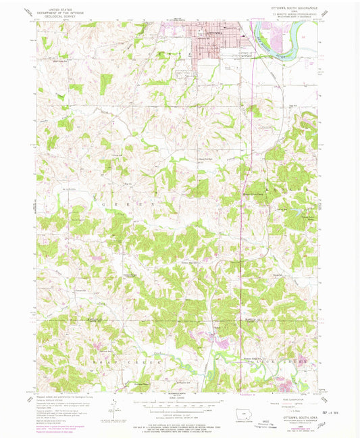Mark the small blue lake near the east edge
coord(295,211)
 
